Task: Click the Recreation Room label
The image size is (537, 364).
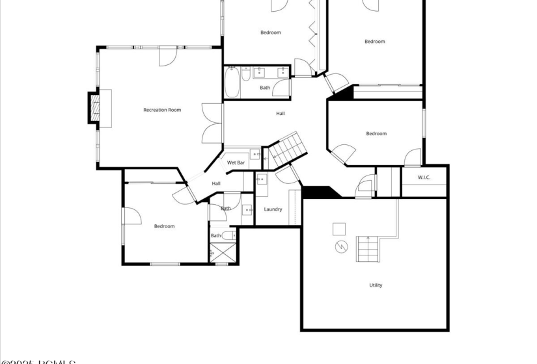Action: [162, 110]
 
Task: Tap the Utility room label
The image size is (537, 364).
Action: [376, 285]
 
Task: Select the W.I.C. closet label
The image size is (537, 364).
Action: [424, 177]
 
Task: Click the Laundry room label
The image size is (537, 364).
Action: [273, 209]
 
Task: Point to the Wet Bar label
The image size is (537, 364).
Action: [236, 162]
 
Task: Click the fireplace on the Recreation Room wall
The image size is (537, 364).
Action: [94, 107]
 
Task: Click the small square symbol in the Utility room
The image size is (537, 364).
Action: [339, 229]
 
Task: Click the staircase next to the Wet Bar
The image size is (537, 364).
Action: [286, 148]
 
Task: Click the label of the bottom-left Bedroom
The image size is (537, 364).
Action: [164, 226]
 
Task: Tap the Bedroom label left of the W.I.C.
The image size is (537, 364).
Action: [376, 134]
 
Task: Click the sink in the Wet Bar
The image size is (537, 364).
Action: [255, 156]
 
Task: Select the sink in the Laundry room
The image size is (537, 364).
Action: [261, 179]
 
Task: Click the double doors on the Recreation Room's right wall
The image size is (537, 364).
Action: [212, 123]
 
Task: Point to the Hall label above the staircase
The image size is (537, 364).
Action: [280, 114]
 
